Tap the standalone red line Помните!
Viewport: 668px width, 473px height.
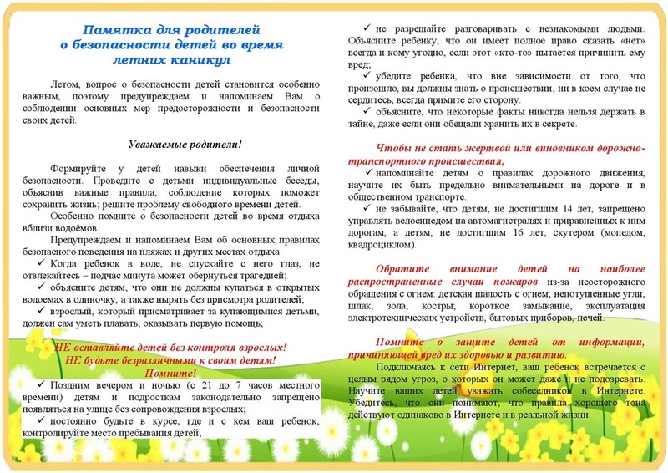171,372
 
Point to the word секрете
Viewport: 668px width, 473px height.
558,124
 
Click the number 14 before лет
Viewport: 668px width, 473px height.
534,210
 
